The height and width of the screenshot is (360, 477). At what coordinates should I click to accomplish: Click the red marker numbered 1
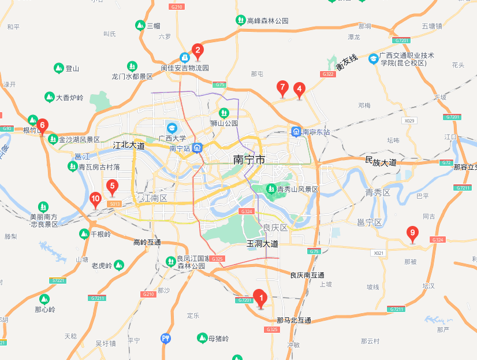pyautogui.click(x=260, y=299)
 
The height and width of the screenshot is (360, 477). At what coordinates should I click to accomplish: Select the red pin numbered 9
pyautogui.click(x=412, y=234)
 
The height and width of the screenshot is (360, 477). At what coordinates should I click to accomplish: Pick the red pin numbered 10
pyautogui.click(x=96, y=200)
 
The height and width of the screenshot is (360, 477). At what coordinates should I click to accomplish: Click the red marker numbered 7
pyautogui.click(x=282, y=88)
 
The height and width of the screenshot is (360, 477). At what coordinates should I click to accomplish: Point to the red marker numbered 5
pyautogui.click(x=113, y=187)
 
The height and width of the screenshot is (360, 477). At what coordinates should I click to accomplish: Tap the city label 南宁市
pyautogui.click(x=249, y=159)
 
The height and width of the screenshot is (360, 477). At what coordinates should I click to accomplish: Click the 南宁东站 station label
pyautogui.click(x=315, y=132)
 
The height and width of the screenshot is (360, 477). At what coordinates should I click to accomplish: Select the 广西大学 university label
pyautogui.click(x=172, y=138)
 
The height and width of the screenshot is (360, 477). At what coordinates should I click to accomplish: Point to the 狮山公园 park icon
pyautogui.click(x=223, y=113)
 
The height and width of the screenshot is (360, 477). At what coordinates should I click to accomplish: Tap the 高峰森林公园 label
pyautogui.click(x=267, y=21)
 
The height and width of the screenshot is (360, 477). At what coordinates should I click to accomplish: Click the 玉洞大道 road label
pyautogui.click(x=262, y=243)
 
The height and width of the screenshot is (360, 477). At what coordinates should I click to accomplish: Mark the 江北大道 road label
pyautogui.click(x=129, y=146)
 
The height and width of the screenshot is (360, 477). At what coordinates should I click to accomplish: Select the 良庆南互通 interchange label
pyautogui.click(x=307, y=275)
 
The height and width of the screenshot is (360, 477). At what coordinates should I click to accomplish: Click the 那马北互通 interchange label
pyautogui.click(x=294, y=320)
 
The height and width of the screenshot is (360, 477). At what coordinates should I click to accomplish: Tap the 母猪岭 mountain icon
pyautogui.click(x=202, y=337)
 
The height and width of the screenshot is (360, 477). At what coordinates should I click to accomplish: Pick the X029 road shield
pyautogui.click(x=409, y=121)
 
